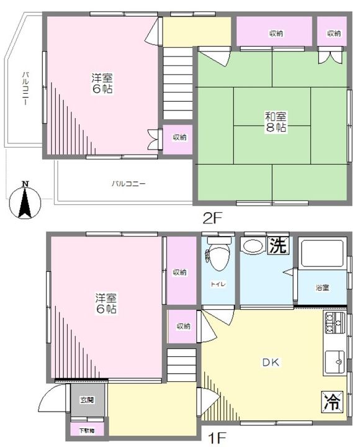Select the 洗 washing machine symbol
(277, 246)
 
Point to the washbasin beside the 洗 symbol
(253, 246)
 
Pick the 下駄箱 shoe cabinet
(87, 430)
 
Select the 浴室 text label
(322, 287)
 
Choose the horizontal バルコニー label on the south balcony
(128, 184)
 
